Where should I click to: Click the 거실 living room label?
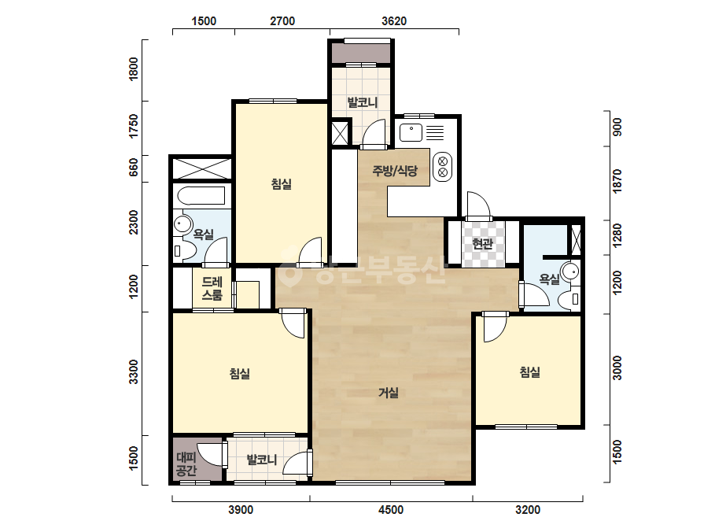click(x=389, y=393)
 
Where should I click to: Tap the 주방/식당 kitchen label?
click(x=395, y=171)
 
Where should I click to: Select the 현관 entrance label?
click(x=482, y=243)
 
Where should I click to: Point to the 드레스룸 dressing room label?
click(x=212, y=288)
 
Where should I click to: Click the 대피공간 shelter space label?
click(x=186, y=464)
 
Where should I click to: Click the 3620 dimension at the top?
click(x=394, y=21)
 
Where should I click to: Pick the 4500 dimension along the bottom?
click(x=391, y=510)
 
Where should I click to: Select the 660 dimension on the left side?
click(x=134, y=167)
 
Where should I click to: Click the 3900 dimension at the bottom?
click(x=241, y=510)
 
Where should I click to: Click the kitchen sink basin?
click(x=411, y=132)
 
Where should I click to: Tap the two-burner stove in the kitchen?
click(x=443, y=167)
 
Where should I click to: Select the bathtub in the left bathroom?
click(x=201, y=195)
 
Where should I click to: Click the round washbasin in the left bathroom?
click(x=183, y=225)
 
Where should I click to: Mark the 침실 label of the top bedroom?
click(x=282, y=184)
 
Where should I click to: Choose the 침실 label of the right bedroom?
click(x=529, y=372)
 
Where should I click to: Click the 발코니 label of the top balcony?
click(x=363, y=102)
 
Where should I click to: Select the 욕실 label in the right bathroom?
click(x=550, y=279)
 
